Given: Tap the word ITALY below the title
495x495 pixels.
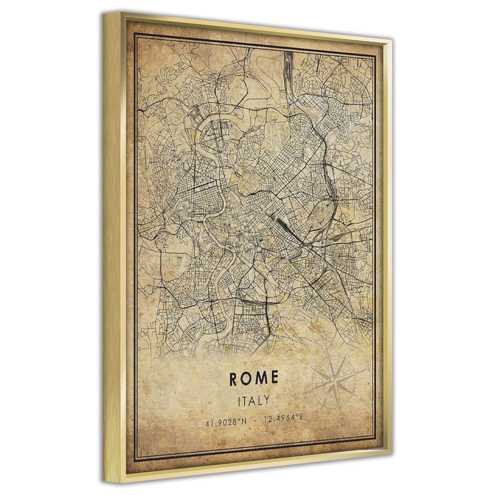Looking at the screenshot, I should pos(254,401).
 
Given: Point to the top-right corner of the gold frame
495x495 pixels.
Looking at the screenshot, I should pos(392,40).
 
